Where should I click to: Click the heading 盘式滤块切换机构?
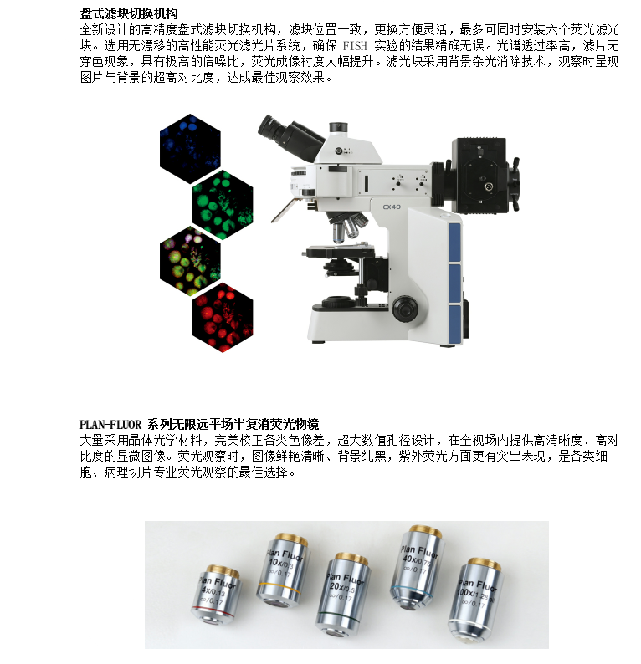(129, 13)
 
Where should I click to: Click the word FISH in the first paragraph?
(355, 45)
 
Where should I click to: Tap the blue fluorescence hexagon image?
(190, 149)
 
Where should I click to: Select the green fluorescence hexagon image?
(223, 205)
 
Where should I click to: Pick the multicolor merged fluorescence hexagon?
(190, 261)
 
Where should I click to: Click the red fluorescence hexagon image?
(223, 317)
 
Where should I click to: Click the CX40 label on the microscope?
(392, 207)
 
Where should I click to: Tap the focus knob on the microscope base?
(405, 309)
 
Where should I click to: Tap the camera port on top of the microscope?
(339, 127)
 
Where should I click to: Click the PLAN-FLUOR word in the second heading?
(110, 424)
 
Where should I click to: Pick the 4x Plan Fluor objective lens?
(216, 595)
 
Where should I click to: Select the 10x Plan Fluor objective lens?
(283, 569)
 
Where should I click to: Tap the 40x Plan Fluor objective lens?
(418, 567)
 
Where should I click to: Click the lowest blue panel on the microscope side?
(454, 324)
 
